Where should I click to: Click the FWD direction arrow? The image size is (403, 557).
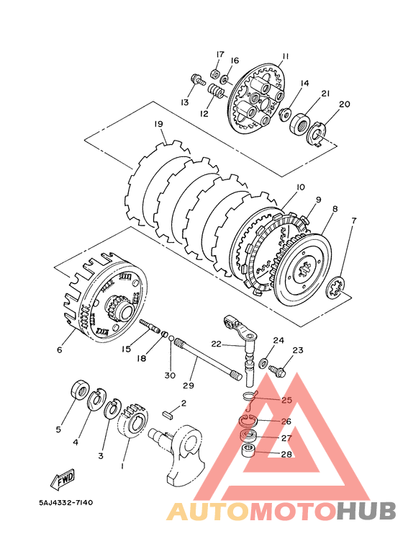[63, 478]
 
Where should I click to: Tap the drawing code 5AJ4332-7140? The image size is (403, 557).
[66, 503]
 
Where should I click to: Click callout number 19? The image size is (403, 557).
[158, 124]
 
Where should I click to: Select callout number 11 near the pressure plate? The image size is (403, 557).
[286, 56]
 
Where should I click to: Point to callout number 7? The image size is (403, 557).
[353, 220]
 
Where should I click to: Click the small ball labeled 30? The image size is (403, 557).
[171, 337]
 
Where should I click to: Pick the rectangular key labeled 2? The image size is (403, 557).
[168, 416]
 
